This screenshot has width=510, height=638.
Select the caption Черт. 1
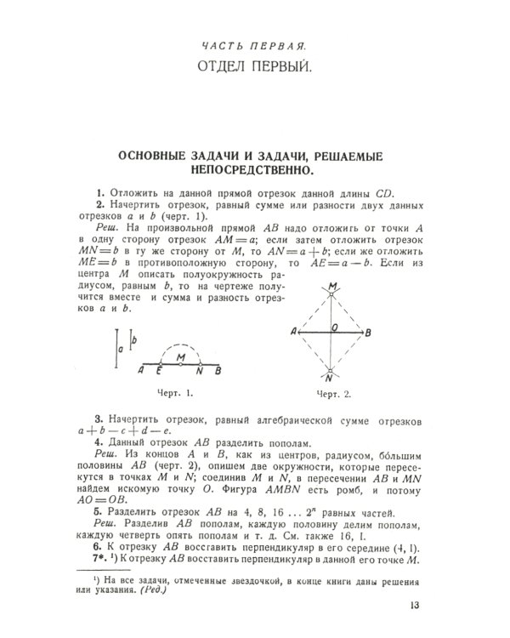coord(177,393)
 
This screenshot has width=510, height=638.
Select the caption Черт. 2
coord(333,394)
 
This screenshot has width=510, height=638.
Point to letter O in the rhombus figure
coord(335,324)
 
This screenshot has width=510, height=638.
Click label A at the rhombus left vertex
coord(293,331)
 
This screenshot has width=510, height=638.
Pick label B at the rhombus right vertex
coord(367,331)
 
